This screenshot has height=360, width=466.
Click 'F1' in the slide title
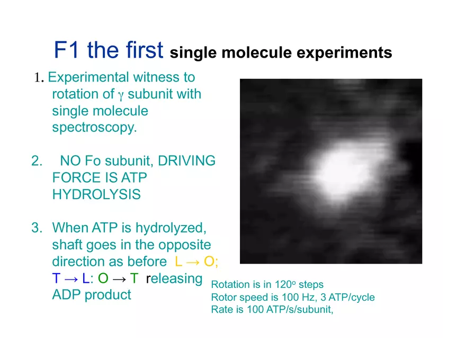66,50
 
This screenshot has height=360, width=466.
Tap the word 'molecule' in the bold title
256,52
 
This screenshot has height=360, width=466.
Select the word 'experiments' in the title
344,53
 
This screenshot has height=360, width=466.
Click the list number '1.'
39,77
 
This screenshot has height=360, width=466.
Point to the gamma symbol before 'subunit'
120,95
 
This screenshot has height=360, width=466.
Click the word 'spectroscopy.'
94,128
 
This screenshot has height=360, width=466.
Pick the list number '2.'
37,161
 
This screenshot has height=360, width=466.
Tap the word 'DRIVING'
186,161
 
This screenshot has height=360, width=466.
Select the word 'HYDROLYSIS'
96,194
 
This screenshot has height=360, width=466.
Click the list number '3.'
37,228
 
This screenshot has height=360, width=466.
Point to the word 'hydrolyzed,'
171,228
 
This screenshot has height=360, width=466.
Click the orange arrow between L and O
193,262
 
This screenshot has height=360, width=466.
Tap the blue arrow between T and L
71,279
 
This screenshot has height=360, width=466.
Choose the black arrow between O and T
119,279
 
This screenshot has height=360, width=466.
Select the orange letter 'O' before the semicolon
209,262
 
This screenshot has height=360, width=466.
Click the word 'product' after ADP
107,295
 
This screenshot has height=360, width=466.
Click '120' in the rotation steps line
283,284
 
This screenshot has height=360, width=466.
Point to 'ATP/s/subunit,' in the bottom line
300,310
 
